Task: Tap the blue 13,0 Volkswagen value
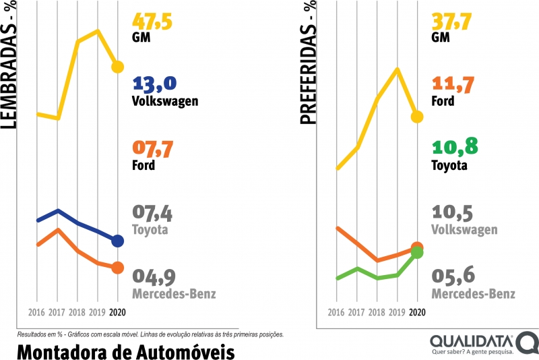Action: pyautogui.click(x=155, y=84)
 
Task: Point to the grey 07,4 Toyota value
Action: pyautogui.click(x=153, y=214)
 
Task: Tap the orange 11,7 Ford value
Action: pyautogui.click(x=452, y=84)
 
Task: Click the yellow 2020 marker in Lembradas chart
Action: pyautogui.click(x=118, y=66)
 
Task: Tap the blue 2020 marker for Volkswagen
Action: pyautogui.click(x=118, y=241)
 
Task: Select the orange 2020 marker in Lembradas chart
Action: pyautogui.click(x=118, y=268)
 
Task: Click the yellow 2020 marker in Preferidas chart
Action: pyautogui.click(x=417, y=117)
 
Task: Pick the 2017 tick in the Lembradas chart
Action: pyautogui.click(x=57, y=313)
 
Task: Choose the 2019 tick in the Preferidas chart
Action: pyautogui.click(x=397, y=313)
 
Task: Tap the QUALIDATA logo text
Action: pyautogui.click(x=472, y=340)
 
